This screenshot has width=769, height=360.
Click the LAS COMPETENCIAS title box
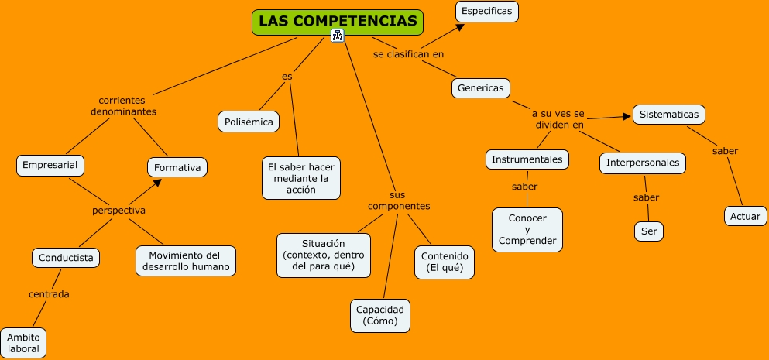338,22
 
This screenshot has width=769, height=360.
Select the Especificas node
486,12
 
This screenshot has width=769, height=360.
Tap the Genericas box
480,88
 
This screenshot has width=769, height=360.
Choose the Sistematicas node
669,115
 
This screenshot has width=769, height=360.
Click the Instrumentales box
528,159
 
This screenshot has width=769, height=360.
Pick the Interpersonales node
643,163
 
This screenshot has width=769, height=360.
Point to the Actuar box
745,216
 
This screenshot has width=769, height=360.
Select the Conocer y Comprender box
527,230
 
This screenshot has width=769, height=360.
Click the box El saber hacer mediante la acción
301,178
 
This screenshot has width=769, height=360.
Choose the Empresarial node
50,165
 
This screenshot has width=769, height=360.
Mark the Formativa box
177,167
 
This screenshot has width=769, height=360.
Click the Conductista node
66,257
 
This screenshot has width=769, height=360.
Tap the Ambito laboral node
23,343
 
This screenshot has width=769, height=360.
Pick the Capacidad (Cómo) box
379,315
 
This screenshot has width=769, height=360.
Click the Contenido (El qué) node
443,262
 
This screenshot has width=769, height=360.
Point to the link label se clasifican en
408,55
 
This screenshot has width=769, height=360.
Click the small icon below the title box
337,36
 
